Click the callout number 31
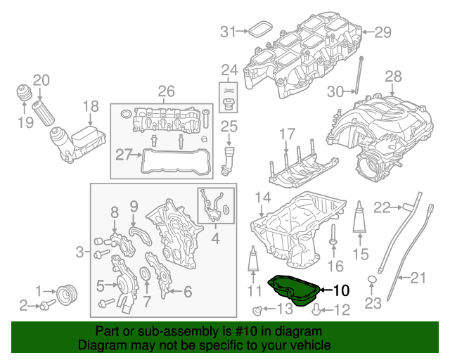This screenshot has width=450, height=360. [x=226, y=31]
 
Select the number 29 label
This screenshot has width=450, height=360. [x=381, y=31]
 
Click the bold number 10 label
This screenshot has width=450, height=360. [x=340, y=289]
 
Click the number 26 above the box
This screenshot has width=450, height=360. [x=165, y=91]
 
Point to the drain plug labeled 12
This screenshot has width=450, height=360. [x=317, y=309]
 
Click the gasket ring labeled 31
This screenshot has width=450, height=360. [x=260, y=30]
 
